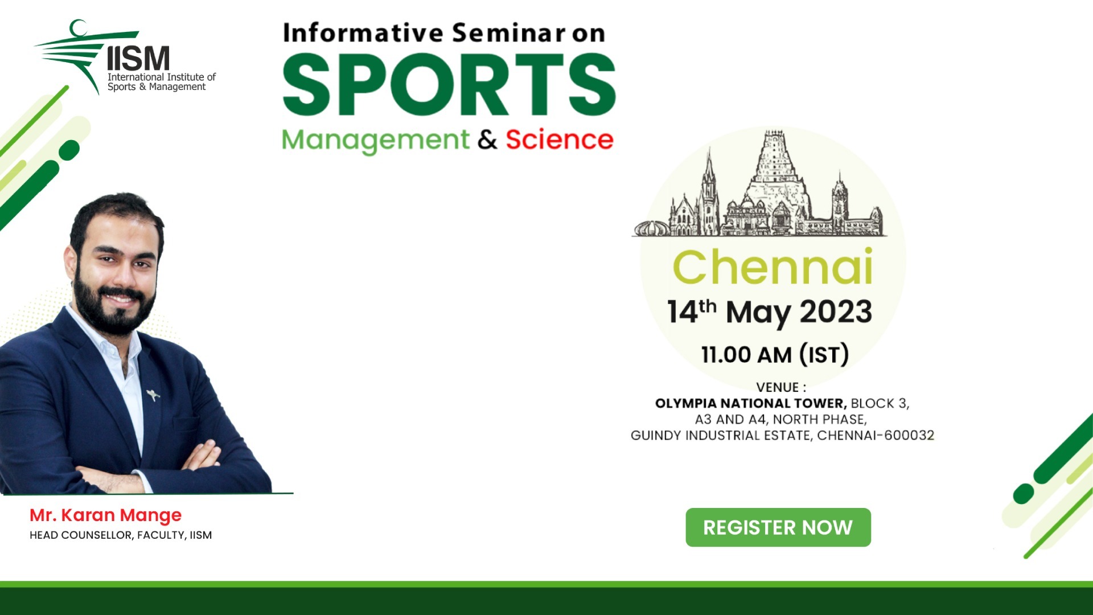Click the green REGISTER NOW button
tap(778, 527)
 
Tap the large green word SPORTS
tap(449, 85)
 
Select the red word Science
tap(559, 140)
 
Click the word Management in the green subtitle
tap(375, 140)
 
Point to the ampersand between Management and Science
tap(487, 140)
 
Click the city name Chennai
tap(773, 267)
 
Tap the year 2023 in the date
tap(836, 311)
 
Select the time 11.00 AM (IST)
tap(775, 354)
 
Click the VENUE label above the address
tap(780, 387)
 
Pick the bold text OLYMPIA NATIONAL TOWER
tap(750, 403)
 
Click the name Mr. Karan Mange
tap(105, 515)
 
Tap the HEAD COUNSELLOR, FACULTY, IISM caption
tap(121, 535)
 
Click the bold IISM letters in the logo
tap(138, 59)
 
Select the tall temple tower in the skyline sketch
tap(776, 171)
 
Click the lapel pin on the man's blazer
tap(153, 394)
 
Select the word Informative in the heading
tap(363, 33)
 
